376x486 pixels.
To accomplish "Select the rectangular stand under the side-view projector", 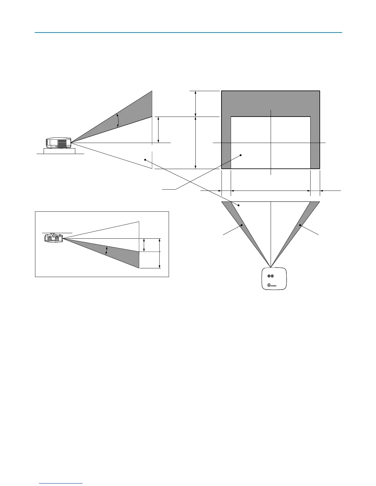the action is (x=59, y=151).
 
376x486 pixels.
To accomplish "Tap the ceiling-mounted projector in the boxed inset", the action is (x=53, y=237).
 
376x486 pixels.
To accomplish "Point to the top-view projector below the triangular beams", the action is (x=274, y=279).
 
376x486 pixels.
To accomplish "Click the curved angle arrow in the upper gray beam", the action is (x=118, y=120).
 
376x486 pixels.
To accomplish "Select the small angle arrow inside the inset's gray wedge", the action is (x=106, y=250).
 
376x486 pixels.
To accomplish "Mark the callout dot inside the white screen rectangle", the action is (x=241, y=155).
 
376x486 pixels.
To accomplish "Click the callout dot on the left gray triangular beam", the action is (x=242, y=225).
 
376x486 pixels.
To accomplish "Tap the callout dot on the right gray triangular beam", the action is (x=300, y=225).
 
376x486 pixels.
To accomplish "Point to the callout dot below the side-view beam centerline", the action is (x=145, y=160).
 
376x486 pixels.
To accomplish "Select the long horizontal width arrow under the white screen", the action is (x=271, y=191).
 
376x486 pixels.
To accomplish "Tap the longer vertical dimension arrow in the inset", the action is (x=159, y=253).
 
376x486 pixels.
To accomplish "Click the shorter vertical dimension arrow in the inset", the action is (x=144, y=245).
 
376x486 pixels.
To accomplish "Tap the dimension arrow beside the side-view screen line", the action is (x=158, y=130).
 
